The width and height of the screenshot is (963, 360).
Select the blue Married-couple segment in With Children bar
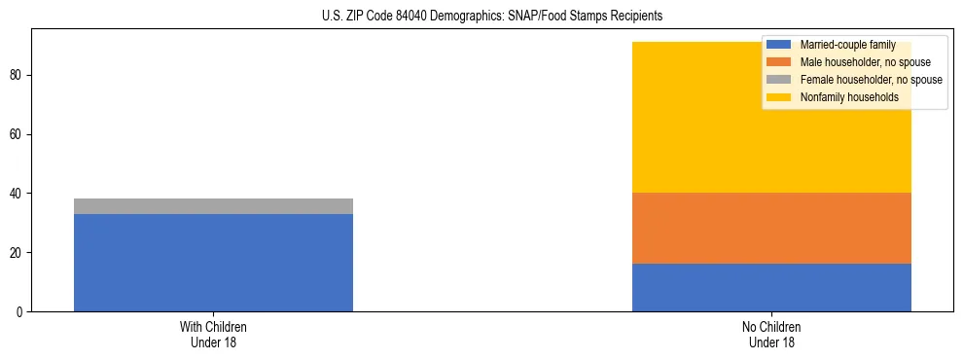pos(213,263)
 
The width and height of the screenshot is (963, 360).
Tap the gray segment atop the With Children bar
pos(213,206)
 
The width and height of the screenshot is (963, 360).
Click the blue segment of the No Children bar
pos(771,288)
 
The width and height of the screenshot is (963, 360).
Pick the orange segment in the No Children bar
pos(771,229)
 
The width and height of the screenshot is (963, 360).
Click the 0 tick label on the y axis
pos(21,312)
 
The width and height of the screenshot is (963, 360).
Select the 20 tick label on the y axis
pos(18,253)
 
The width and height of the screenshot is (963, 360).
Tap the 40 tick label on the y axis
pos(18,194)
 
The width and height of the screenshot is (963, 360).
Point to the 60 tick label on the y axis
pos(18,134)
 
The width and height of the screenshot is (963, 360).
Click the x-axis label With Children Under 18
pos(213,335)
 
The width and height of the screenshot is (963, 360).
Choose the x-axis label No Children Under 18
pos(771,335)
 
